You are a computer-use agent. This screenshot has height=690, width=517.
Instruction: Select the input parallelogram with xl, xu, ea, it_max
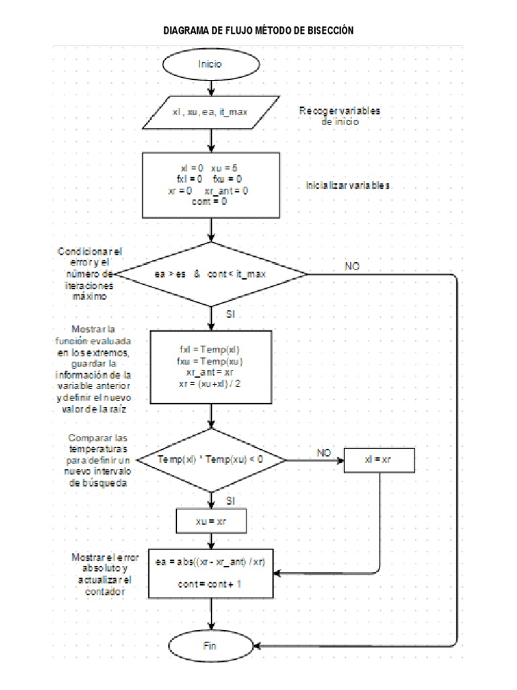click(x=211, y=113)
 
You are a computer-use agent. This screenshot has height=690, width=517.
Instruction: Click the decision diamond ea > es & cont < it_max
click(x=211, y=274)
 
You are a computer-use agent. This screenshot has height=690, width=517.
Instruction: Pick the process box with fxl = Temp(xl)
click(x=211, y=367)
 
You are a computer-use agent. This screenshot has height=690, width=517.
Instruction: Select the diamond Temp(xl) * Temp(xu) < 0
click(x=211, y=460)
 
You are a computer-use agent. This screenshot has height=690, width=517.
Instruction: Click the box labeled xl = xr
click(x=380, y=460)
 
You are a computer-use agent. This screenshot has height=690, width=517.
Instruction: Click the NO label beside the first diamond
click(x=352, y=266)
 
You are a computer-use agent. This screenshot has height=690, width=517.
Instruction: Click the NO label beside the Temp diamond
click(x=323, y=453)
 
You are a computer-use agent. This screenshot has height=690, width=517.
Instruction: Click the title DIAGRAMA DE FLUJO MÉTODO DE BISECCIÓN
click(x=258, y=31)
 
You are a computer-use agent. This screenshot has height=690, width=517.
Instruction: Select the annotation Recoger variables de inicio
click(x=339, y=116)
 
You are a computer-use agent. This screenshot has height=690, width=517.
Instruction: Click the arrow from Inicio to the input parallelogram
click(x=212, y=88)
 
